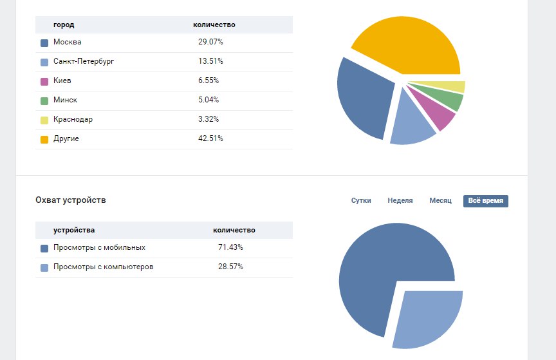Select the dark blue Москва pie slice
(x=364, y=97)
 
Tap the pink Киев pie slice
(x=438, y=109)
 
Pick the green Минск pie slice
(x=450, y=99)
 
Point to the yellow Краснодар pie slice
(x=454, y=87)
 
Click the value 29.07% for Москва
(x=210, y=43)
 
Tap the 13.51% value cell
(x=210, y=62)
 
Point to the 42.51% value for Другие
(x=210, y=139)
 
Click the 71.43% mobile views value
(x=230, y=248)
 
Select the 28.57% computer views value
(x=230, y=267)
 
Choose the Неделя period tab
(x=400, y=201)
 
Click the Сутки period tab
(x=361, y=201)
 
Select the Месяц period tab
(x=441, y=201)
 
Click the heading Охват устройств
(x=71, y=200)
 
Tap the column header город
(x=64, y=25)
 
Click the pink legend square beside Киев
(x=44, y=82)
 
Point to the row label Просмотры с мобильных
(x=99, y=248)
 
